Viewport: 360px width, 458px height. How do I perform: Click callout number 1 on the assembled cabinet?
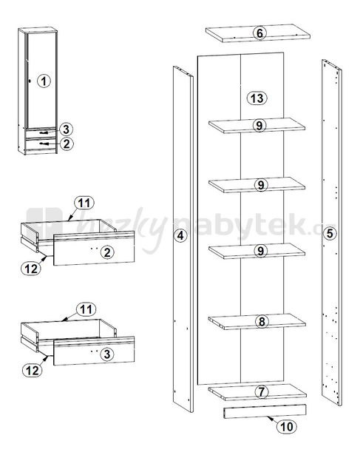pos(44,81)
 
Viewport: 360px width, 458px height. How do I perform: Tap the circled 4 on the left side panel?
pos(181,235)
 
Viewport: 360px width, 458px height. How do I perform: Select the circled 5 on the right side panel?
pos(330,233)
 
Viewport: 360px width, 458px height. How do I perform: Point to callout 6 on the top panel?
pos(259,33)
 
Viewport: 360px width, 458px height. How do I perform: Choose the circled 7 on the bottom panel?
pos(262,392)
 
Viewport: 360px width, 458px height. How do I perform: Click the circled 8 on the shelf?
pos(262,322)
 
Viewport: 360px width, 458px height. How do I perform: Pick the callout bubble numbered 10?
pos(287,426)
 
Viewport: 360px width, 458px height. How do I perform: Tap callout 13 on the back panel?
pos(257,98)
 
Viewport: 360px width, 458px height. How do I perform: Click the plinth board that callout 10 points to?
pos(265,411)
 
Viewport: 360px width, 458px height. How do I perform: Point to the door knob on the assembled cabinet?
pos(30,81)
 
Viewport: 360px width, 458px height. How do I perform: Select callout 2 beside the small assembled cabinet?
pos(67,144)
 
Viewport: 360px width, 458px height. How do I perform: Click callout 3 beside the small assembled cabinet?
pos(67,129)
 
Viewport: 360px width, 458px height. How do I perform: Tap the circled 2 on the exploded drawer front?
pos(107,252)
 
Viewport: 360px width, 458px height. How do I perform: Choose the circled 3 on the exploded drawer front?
pos(107,354)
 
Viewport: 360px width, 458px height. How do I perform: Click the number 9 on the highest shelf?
pos(259,125)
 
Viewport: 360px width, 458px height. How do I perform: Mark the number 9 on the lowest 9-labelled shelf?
pos(261,251)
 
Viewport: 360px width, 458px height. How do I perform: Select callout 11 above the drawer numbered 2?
pos(84,203)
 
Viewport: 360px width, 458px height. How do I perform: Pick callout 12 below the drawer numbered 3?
pos(33,371)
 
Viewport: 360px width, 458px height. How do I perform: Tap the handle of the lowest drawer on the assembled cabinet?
pos(44,144)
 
